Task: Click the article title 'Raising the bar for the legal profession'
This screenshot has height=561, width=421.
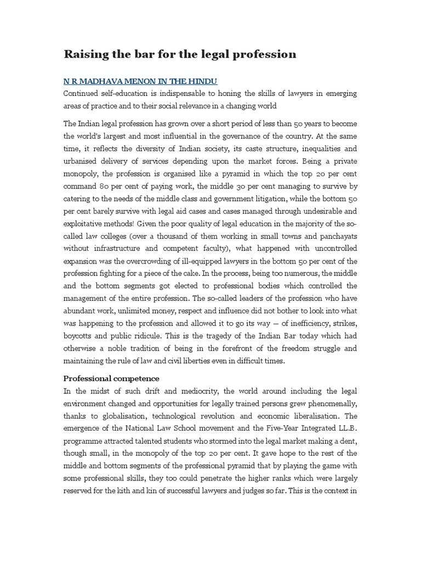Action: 180,54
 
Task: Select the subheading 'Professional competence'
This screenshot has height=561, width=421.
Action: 111,378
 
